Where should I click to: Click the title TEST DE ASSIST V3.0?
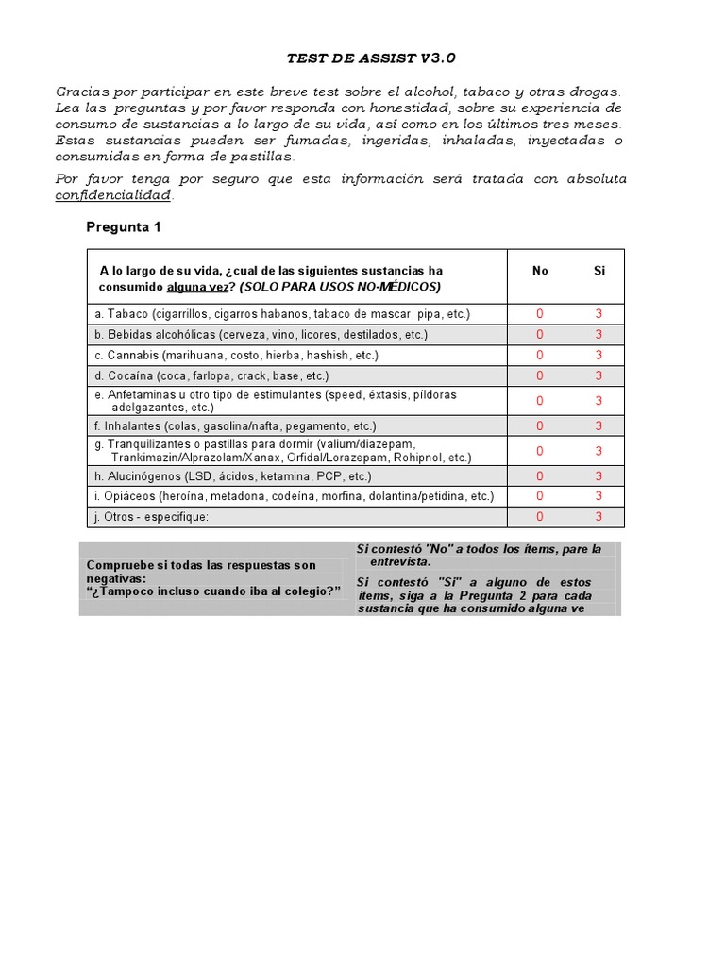371,58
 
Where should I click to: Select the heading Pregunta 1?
124,226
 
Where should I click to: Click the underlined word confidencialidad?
113,195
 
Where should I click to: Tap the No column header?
540,271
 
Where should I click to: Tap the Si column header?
599,271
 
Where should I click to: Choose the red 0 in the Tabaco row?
540,314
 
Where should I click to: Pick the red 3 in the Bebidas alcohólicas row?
599,335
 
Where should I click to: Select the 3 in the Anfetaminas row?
599,401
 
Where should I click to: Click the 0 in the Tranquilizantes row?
540,451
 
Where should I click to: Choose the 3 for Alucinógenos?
599,476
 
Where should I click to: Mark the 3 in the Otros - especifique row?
599,517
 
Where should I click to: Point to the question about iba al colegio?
213,591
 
